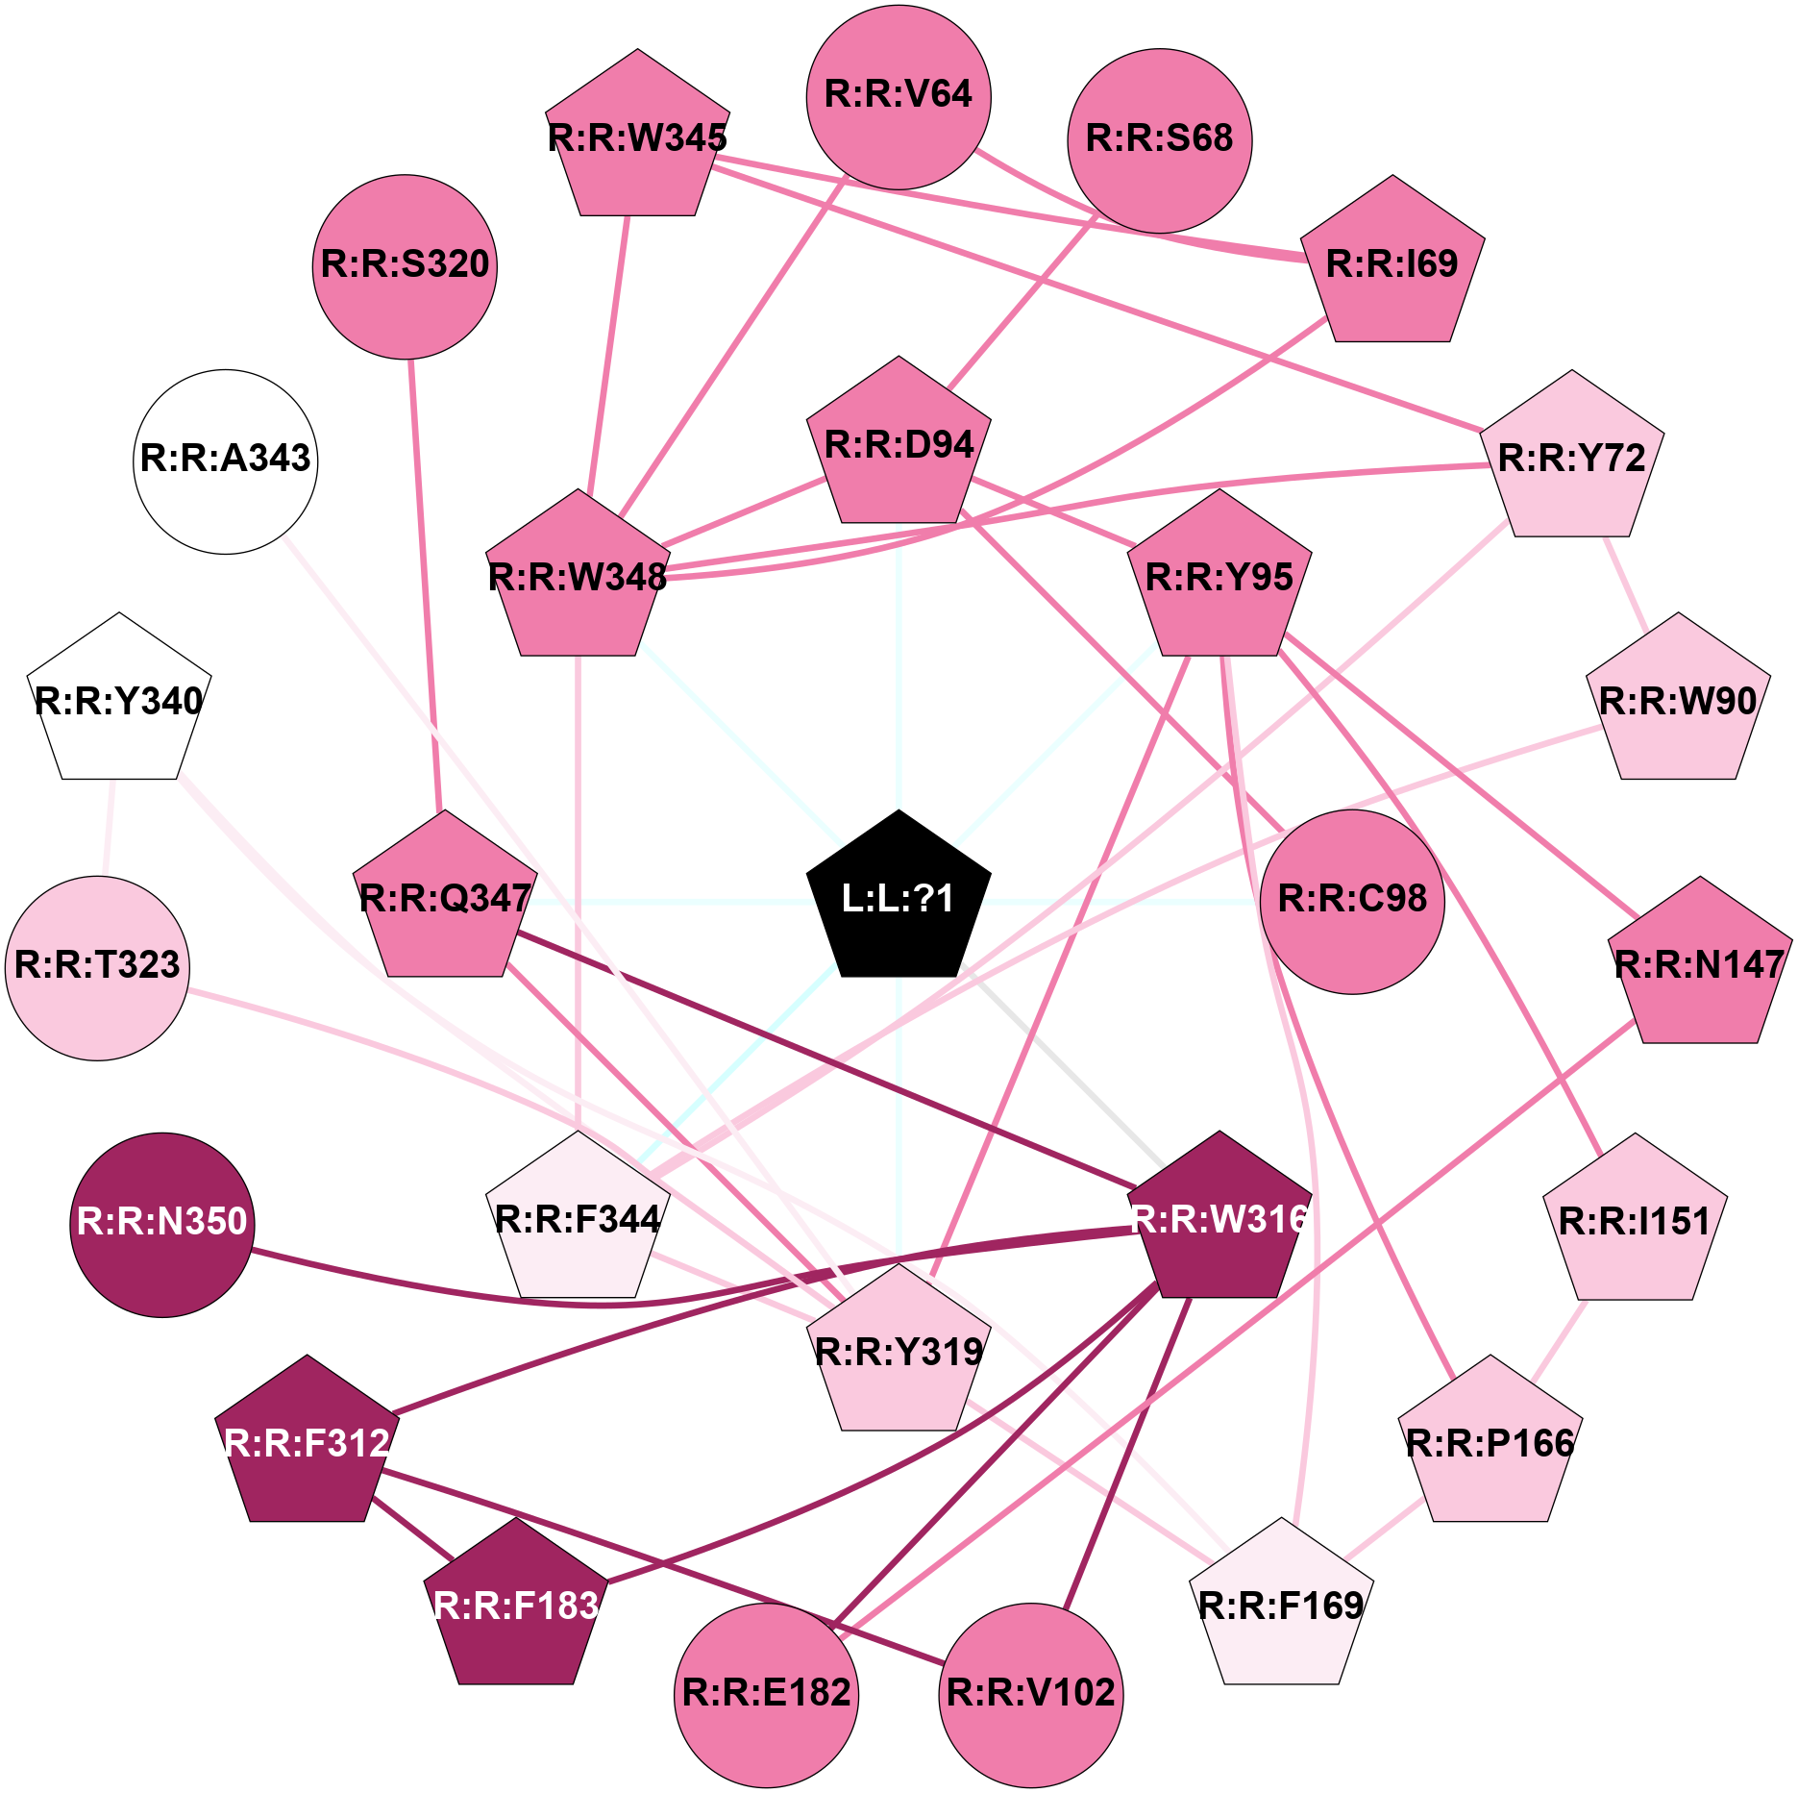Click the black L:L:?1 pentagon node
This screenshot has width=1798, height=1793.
[899, 898]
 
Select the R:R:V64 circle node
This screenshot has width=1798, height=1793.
[899, 97]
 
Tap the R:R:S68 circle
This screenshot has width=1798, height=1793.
[1160, 140]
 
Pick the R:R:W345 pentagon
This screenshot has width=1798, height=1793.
[638, 137]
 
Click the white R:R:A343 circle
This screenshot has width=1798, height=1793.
[226, 461]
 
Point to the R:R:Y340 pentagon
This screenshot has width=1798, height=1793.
[119, 701]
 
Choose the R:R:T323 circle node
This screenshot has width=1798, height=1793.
[98, 968]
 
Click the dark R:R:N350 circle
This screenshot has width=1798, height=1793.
[162, 1225]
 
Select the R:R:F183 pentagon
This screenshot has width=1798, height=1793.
[516, 1606]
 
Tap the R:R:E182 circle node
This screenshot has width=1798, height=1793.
[767, 1695]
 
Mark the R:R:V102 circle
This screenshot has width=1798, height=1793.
[1031, 1695]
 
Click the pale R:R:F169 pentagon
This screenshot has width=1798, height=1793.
[1281, 1606]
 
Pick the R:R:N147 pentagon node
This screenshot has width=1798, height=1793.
[1700, 964]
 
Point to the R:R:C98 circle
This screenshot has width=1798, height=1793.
[1352, 902]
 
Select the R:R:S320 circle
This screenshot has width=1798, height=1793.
[405, 266]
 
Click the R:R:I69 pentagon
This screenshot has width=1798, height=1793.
[1392, 263]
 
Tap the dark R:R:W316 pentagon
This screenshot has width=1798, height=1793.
[1219, 1219]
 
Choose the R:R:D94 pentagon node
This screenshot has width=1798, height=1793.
[899, 445]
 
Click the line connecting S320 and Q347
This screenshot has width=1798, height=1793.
[425, 585]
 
